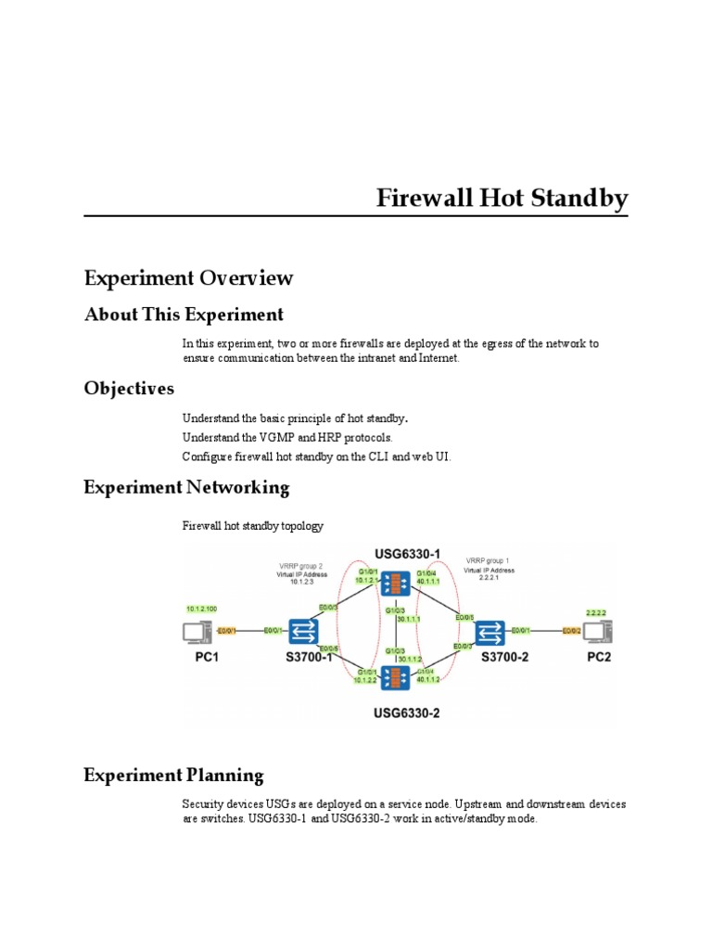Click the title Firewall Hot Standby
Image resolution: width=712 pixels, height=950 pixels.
point(502,199)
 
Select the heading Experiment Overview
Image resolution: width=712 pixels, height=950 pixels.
point(188,277)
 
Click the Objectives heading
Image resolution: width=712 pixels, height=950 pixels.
point(129,387)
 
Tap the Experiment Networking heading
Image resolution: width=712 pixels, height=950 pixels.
point(186,487)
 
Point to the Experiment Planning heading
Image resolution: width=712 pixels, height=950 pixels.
point(173,775)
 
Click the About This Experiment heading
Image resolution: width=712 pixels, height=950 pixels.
point(184,314)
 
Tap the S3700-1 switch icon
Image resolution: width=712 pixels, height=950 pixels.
point(302,631)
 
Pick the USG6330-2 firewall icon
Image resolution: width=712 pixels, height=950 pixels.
point(396,676)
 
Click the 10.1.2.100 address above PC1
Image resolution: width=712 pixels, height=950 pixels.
point(201,609)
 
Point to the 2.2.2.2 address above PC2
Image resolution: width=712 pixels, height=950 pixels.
point(596,612)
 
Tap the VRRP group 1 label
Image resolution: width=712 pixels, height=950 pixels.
point(488,560)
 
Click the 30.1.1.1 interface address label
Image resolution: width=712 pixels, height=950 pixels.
point(409,619)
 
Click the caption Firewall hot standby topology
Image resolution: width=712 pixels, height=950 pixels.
point(253,526)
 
